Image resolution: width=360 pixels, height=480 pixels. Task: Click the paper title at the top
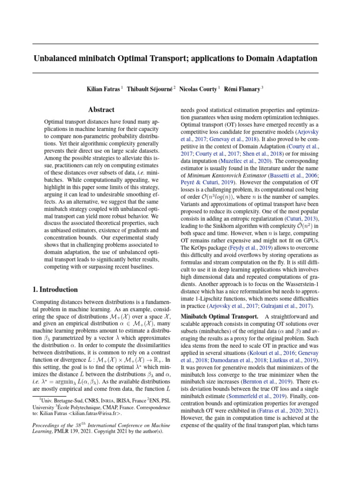pos(175,59)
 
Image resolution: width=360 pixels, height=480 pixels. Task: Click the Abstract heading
pos(102,110)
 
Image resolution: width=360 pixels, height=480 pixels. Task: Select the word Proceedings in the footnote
pos(47,426)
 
